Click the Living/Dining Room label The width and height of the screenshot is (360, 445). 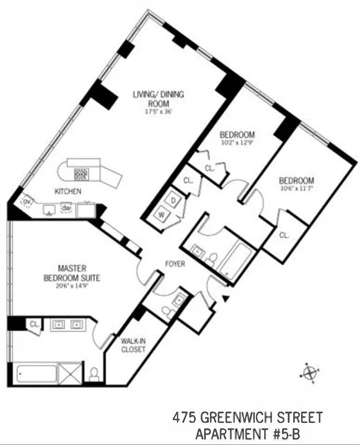(158, 98)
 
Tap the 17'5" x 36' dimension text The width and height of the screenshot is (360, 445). (158, 111)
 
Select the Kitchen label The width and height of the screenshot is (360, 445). (68, 191)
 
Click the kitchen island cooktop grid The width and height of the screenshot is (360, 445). (81, 174)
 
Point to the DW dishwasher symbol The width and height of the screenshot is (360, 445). (66, 208)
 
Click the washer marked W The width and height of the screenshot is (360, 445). (163, 214)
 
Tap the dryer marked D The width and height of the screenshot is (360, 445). (173, 200)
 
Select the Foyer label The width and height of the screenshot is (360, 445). (175, 264)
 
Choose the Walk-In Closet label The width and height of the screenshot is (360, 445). (133, 345)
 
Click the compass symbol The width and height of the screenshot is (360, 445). (310, 371)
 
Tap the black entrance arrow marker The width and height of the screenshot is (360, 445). (225, 299)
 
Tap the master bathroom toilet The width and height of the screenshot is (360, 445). (94, 373)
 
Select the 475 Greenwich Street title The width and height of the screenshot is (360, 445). (248, 417)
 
